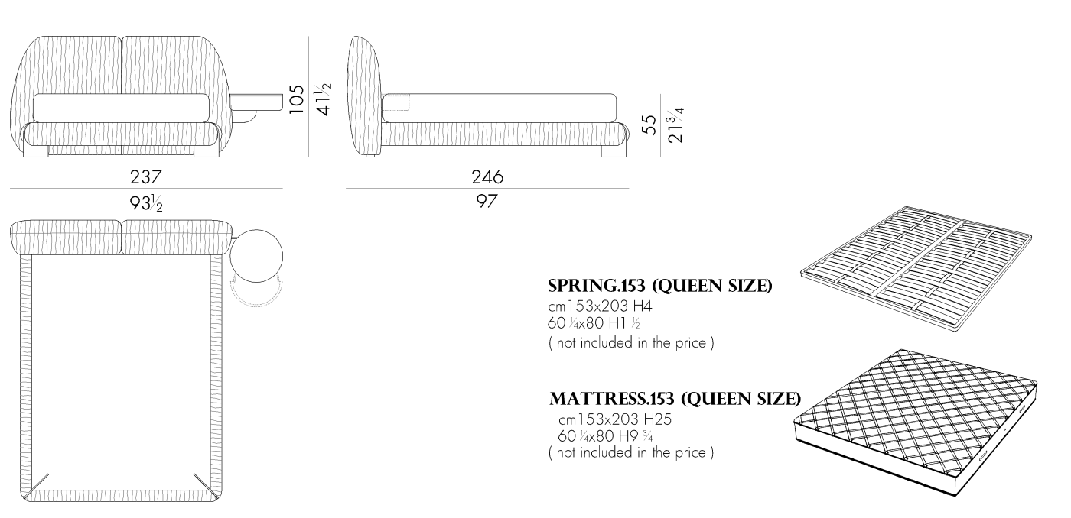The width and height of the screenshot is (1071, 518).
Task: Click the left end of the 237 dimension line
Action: click(10, 189)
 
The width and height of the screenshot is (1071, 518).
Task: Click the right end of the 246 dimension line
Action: click(629, 188)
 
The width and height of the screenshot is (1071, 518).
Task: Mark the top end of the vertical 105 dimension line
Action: click(308, 37)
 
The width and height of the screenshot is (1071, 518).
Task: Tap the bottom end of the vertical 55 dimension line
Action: click(660, 157)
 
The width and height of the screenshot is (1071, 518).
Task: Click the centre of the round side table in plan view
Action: click(256, 256)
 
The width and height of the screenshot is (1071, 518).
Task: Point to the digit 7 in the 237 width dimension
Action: click(156, 177)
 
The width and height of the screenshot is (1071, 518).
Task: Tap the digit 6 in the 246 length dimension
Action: click(498, 177)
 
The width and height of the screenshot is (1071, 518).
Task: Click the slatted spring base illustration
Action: click(916, 268)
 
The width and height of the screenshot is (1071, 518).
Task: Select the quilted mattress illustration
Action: click(916, 422)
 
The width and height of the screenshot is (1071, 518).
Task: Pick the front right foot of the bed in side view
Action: click(613, 151)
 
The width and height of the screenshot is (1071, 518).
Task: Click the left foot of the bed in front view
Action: click(36, 151)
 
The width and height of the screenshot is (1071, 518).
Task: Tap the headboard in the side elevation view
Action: click(366, 96)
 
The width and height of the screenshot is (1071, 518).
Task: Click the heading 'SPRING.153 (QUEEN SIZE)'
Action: click(659, 286)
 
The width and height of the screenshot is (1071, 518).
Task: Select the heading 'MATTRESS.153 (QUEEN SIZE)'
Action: click(675, 399)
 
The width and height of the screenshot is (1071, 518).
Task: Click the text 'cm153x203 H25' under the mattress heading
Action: click(615, 419)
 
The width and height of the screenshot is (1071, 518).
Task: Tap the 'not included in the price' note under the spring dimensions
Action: click(631, 343)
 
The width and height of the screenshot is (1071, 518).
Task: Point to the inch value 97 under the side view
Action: click(487, 201)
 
